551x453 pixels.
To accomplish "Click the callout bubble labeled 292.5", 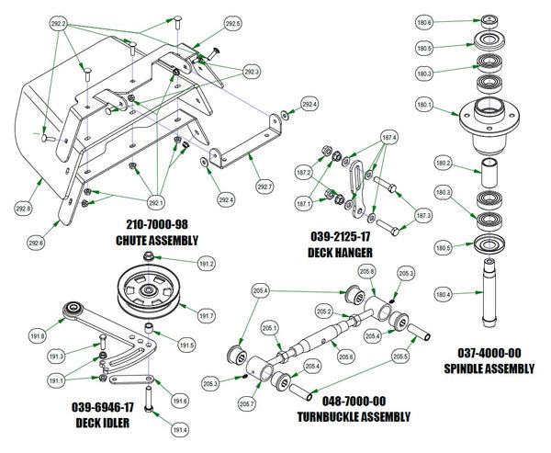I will [232, 22].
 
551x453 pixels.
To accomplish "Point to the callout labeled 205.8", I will [366, 271].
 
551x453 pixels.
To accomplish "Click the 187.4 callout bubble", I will [388, 137].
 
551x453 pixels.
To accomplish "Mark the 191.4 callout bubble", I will [180, 429].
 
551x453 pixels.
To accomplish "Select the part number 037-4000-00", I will [494, 354].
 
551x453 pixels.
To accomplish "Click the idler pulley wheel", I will [148, 291].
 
